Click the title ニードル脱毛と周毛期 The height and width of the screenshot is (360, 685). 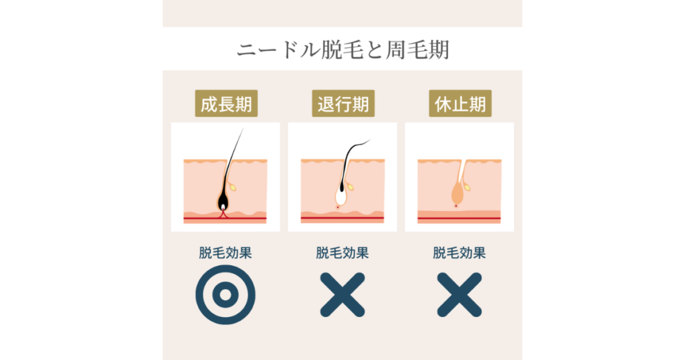[x=343, y=50]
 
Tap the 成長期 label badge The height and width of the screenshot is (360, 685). [x=226, y=104]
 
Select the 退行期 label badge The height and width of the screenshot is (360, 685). [x=343, y=104]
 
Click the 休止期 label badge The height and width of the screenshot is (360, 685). [x=460, y=104]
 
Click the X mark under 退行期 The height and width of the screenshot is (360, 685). [x=342, y=295]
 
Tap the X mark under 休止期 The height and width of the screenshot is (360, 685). [x=460, y=295]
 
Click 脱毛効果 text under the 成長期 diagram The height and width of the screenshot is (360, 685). [x=225, y=253]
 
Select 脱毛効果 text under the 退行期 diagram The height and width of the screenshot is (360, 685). [x=342, y=253]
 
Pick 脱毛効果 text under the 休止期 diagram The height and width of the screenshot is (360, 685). [x=460, y=253]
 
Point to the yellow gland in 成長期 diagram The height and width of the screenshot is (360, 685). [x=233, y=187]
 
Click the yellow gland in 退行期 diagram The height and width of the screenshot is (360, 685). [x=350, y=187]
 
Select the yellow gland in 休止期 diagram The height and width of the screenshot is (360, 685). [x=467, y=187]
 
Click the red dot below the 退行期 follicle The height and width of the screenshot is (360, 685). [x=338, y=207]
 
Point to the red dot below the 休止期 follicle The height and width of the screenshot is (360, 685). [x=456, y=206]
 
